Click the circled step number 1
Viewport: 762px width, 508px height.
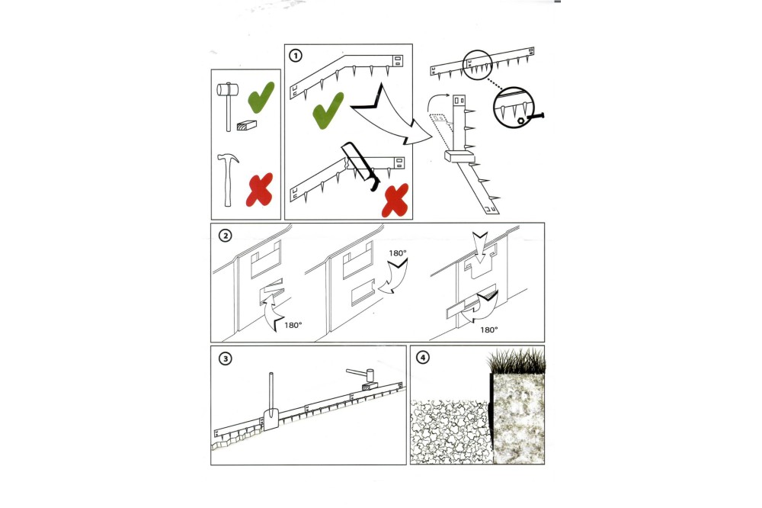pos(296,56)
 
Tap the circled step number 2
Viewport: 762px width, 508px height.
pos(225,236)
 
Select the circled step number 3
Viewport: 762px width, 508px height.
pos(225,359)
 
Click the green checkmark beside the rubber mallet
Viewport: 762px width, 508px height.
pos(261,98)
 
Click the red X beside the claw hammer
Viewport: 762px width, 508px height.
pos(260,190)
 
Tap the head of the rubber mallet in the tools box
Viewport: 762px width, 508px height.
pos(227,90)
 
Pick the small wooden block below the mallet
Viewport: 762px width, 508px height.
pos(246,125)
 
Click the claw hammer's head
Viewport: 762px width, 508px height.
pos(228,159)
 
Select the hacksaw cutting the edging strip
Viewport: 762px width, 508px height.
pos(360,166)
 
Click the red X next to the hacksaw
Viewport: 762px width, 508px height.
pos(395,200)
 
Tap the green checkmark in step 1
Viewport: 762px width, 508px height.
pos(328,111)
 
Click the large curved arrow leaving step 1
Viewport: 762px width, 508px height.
pos(389,117)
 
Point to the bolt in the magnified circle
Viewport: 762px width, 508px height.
pos(532,117)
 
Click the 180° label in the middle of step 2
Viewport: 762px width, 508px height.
pos(398,253)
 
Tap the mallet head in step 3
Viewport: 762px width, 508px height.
pos(370,375)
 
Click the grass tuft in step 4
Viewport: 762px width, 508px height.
pos(517,361)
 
